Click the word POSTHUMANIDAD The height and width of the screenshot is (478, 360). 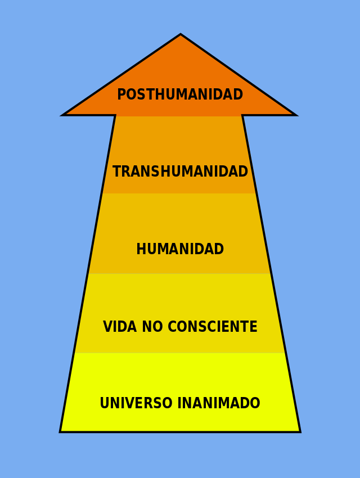click(180, 95)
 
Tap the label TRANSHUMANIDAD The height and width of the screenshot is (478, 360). click(180, 172)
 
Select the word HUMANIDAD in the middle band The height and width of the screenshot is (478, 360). click(180, 250)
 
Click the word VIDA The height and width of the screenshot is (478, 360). click(119, 327)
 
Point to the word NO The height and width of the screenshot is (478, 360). click(152, 327)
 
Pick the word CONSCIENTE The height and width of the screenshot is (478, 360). click(212, 327)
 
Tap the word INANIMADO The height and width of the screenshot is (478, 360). click(219, 404)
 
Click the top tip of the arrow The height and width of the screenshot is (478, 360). click(181, 35)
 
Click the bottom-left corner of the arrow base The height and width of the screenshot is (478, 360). click(61, 431)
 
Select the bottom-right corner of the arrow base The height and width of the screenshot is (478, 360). click(300, 431)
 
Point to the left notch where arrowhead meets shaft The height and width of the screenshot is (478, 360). click(115, 115)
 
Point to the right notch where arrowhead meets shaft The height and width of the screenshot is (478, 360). click(242, 115)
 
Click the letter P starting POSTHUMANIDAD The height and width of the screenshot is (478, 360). click(120, 95)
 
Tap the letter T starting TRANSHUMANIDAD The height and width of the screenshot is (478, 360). click(116, 172)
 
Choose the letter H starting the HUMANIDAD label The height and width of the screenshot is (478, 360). click(140, 250)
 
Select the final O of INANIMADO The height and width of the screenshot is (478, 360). click(256, 404)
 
